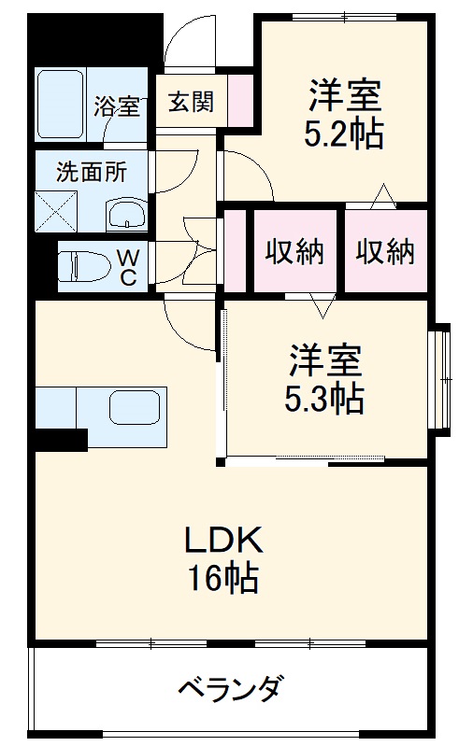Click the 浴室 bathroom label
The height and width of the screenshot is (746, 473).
click(x=117, y=106)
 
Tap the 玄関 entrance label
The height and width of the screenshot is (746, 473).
click(x=191, y=101)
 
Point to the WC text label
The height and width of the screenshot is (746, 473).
click(x=128, y=266)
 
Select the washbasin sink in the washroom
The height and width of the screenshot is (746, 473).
click(x=126, y=216)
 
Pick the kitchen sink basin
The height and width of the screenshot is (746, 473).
click(x=136, y=408)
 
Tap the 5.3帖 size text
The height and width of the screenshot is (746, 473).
click(x=324, y=400)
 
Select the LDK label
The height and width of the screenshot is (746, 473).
click(x=224, y=539)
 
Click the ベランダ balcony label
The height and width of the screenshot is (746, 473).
click(x=230, y=691)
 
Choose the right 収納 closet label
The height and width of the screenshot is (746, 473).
click(x=384, y=251)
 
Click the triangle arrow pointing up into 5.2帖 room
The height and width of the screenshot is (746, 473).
click(x=381, y=195)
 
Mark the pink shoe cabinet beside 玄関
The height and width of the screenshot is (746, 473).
click(x=240, y=100)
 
